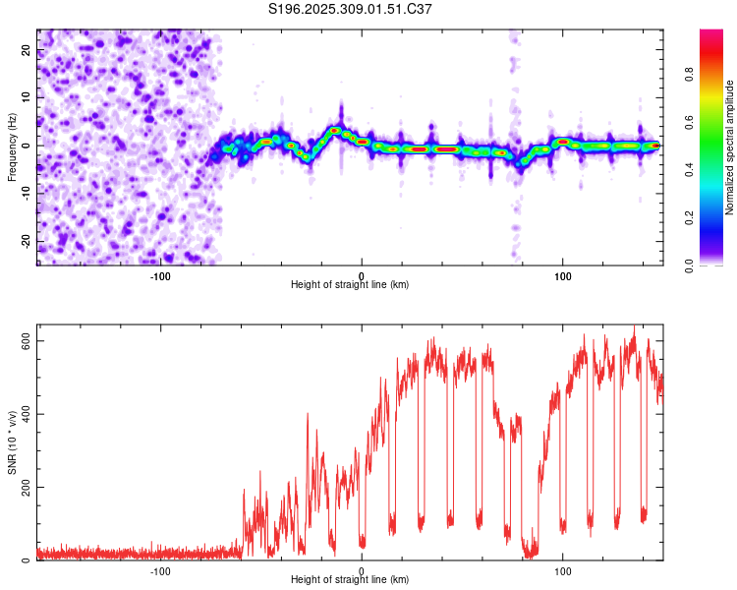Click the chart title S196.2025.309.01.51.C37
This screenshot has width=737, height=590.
(351, 9)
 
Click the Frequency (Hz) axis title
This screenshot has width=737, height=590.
(12, 147)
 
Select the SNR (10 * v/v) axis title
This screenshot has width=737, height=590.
(12, 447)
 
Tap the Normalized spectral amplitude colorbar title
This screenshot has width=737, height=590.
(730, 147)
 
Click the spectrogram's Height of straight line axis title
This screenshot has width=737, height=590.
(350, 285)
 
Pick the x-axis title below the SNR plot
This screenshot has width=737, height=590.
(350, 580)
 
